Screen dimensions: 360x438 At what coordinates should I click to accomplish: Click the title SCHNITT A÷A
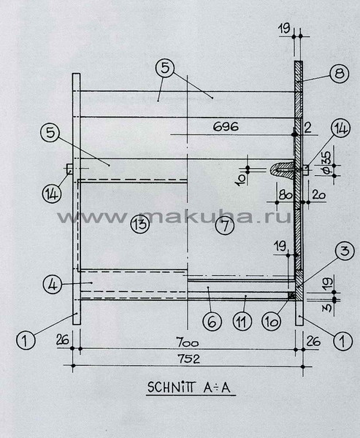[x=189, y=387]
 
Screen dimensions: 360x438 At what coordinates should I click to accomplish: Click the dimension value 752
[x=189, y=358]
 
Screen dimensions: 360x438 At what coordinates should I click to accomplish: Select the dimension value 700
[x=187, y=342]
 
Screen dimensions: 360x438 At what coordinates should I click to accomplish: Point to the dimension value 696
[x=226, y=126]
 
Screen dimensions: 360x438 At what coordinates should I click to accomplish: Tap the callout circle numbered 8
[x=340, y=74]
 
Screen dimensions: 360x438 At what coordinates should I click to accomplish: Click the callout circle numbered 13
[x=140, y=224]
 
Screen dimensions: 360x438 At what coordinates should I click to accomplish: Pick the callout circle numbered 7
[x=226, y=225]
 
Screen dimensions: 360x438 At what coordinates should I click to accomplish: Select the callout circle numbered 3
[x=345, y=251]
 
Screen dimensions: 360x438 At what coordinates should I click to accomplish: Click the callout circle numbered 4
[x=53, y=285]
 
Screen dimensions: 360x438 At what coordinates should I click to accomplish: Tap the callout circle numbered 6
[x=212, y=321]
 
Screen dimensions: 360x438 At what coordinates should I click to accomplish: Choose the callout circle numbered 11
[x=242, y=321]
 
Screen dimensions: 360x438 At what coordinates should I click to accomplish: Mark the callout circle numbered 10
[x=271, y=321]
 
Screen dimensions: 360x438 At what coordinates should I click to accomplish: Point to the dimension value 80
[x=286, y=195]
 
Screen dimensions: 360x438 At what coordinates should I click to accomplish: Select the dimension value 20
[x=319, y=195]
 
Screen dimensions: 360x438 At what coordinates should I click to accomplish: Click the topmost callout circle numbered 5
[x=165, y=68]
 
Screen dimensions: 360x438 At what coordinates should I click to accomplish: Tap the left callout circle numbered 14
[x=52, y=193]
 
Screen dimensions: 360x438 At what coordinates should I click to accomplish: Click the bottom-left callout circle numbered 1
[x=26, y=340]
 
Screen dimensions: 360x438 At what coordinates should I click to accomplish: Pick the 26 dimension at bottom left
[x=63, y=340]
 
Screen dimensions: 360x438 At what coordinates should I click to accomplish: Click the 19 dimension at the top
[x=284, y=28]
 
